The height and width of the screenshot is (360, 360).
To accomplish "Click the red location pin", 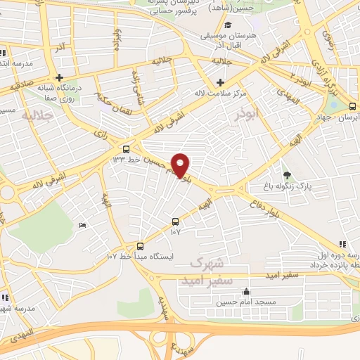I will tap(181, 165).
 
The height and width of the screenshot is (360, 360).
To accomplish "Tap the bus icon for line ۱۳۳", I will tap(126, 149).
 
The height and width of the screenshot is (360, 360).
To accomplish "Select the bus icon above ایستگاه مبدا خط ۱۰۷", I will tap(140, 246).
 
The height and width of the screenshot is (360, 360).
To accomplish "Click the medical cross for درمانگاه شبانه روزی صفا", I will tap(60, 78).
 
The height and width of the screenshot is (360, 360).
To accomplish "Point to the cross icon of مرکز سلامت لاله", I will tap(221, 82).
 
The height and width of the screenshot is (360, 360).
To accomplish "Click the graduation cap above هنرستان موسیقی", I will tap(227, 25).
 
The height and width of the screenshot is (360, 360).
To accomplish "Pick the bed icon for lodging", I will tap(82, 225).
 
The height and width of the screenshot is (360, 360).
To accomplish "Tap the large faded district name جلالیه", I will tap(37, 115).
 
